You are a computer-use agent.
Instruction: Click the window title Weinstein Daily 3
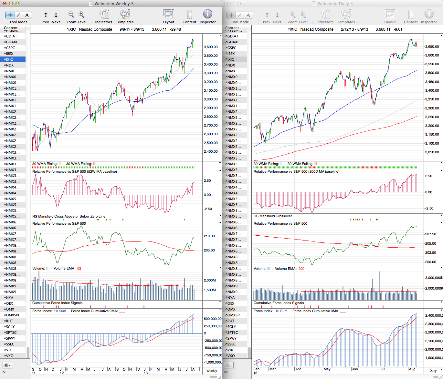335,4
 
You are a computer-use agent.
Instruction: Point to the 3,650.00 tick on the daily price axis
432,46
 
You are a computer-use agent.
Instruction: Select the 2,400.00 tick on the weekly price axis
211,151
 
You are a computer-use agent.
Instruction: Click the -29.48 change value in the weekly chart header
176,29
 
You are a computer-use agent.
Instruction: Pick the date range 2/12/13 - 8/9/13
354,29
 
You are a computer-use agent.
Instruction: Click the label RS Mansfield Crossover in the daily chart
273,216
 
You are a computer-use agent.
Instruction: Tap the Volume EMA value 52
79,269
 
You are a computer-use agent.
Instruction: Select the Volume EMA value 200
301,269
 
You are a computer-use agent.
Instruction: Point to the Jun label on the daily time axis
355,369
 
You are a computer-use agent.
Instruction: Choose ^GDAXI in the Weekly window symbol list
11,42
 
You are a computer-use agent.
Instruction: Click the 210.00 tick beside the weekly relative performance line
209,236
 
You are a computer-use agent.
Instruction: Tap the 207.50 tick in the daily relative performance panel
431,234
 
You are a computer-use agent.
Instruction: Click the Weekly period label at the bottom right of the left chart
212,371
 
